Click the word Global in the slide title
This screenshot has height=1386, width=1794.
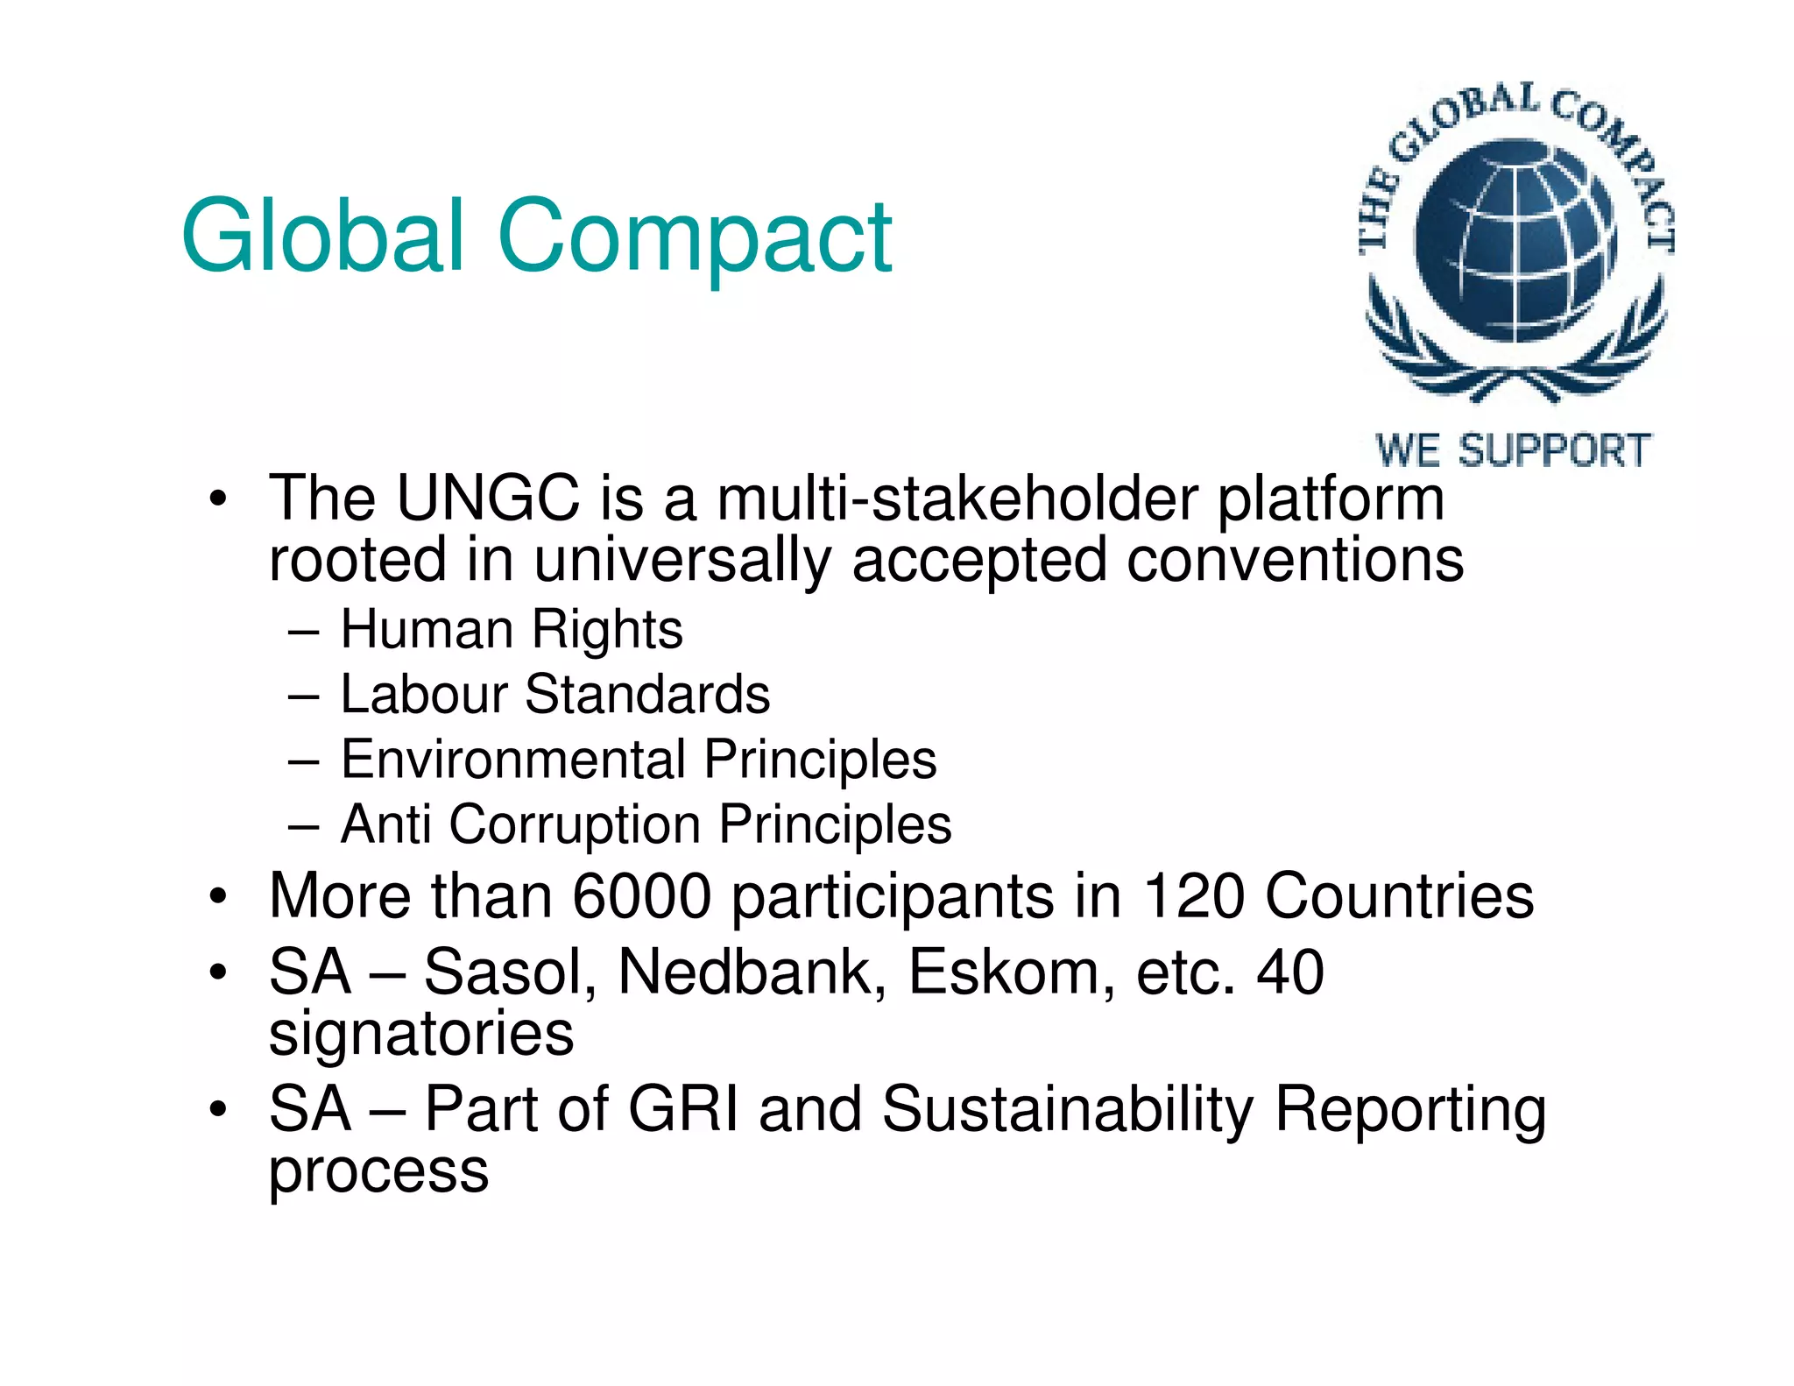[x=322, y=235]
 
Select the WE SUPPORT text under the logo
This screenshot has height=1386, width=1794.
[x=1513, y=451]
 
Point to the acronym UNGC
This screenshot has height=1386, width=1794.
[x=488, y=499]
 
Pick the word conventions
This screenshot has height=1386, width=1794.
[x=1295, y=560]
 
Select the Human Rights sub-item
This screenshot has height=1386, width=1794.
[x=512, y=629]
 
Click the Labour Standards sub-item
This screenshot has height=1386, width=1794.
[x=555, y=694]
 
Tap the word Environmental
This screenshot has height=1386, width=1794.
[x=513, y=759]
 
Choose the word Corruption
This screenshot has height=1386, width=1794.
[x=575, y=824]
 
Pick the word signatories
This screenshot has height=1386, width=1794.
[x=421, y=1035]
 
